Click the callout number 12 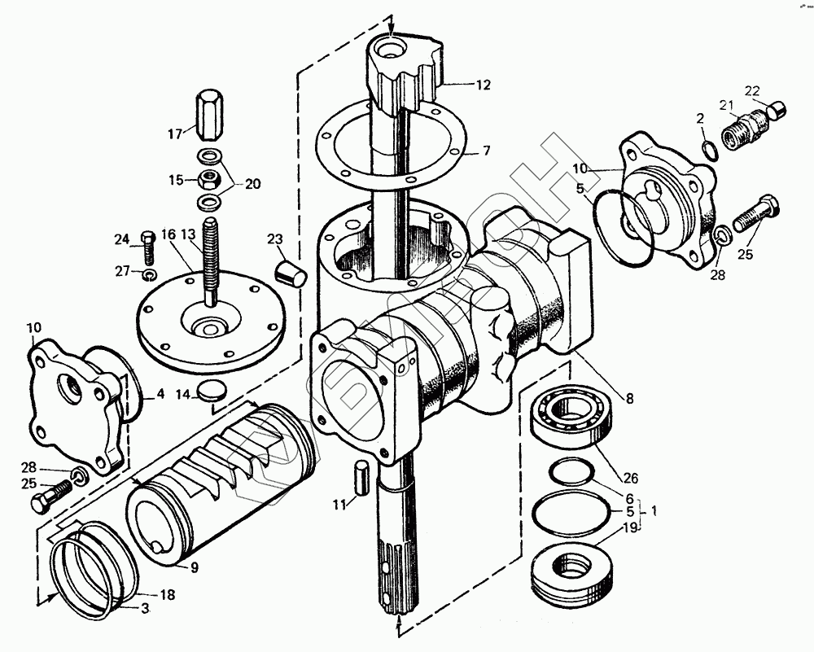[x=484, y=84]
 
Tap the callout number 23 [x=274, y=238]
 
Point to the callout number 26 [x=632, y=478]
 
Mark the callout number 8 [x=630, y=398]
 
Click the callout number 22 [x=751, y=90]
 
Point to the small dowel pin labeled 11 [x=364, y=475]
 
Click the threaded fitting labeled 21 [x=742, y=127]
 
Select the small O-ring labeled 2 [x=709, y=150]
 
